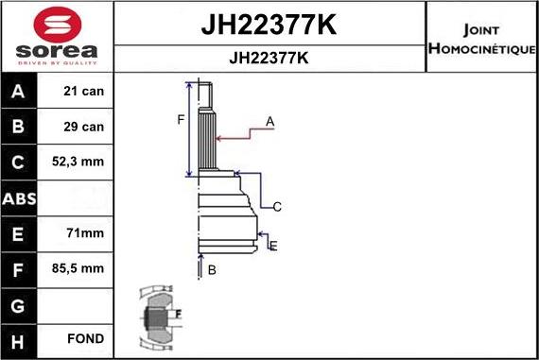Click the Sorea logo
coord(56,37)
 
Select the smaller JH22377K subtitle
coord(269,57)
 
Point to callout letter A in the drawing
coord(269,121)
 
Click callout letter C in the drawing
coord(277,206)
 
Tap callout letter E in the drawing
coord(273,246)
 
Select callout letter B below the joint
coord(212,270)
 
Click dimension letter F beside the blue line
coord(181,119)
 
